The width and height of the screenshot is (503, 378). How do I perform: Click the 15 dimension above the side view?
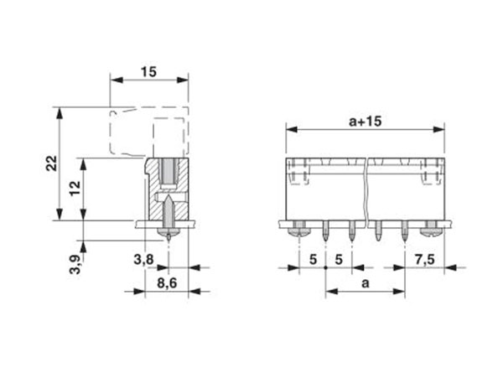click(148, 72)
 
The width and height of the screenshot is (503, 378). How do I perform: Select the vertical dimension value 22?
click(50, 164)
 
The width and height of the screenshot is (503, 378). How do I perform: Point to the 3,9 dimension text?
click(75, 266)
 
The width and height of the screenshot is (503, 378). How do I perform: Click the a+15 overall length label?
click(365, 121)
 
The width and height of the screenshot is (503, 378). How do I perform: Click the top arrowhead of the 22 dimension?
click(60, 111)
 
